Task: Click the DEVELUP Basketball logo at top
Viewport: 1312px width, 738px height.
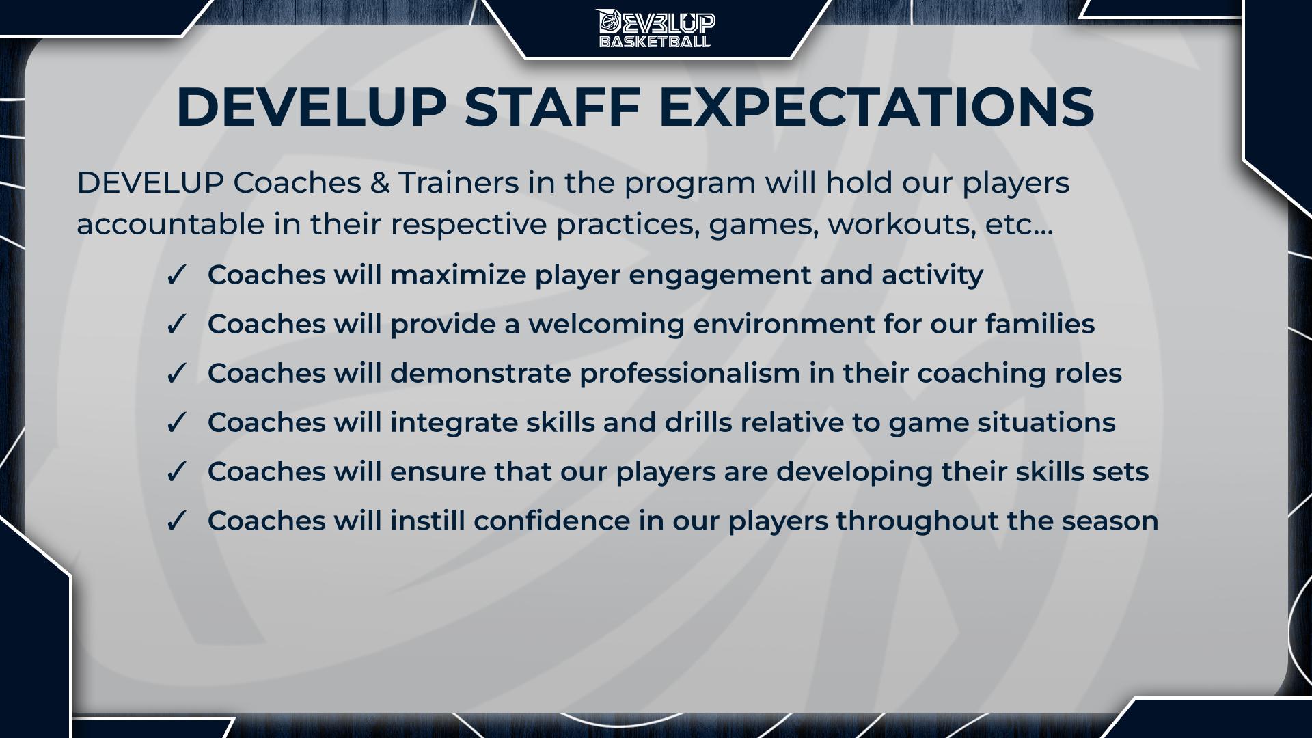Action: click(x=656, y=28)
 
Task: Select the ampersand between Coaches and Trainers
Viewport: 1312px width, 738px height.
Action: click(x=379, y=183)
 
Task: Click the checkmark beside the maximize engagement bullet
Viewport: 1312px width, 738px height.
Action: click(x=176, y=275)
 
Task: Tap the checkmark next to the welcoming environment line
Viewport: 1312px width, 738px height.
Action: click(x=176, y=325)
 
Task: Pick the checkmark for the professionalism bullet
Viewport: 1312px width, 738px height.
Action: click(x=176, y=374)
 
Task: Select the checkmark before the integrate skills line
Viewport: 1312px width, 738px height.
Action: click(x=176, y=423)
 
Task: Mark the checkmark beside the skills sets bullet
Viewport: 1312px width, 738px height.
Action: click(x=176, y=472)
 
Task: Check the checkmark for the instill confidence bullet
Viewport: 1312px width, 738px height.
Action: click(x=176, y=521)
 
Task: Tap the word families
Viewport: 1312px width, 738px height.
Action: click(x=1040, y=324)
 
